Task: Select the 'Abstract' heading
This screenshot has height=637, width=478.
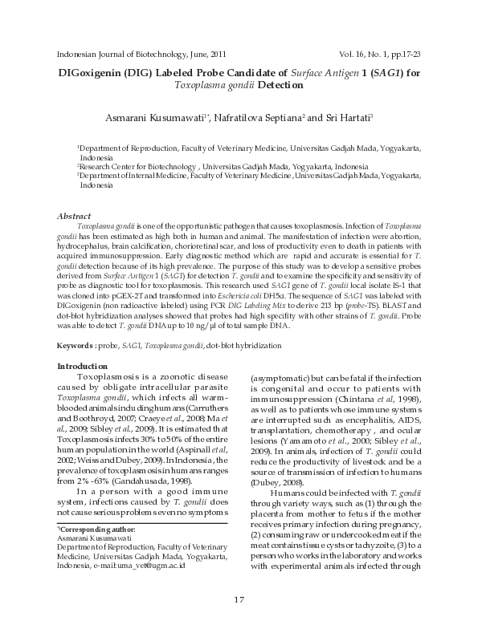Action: point(73,217)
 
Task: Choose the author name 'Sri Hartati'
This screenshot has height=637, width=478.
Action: point(346,118)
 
